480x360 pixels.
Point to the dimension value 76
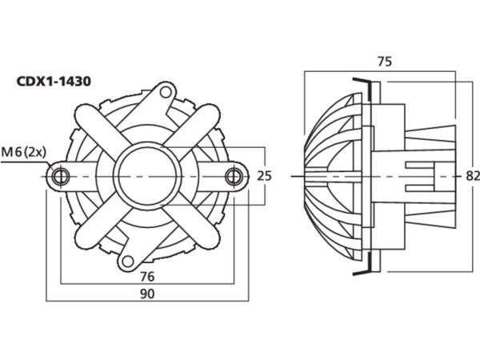(x=146, y=276)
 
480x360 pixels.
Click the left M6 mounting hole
(x=58, y=175)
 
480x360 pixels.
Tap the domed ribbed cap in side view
(x=328, y=175)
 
